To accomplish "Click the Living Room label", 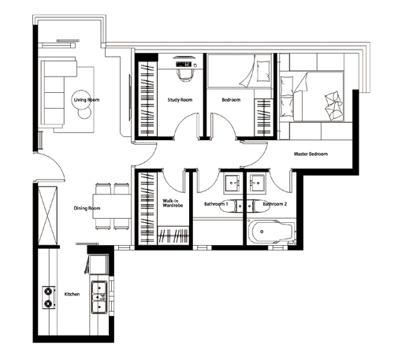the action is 87,100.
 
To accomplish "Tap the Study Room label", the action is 180,100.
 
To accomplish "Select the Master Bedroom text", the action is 310,154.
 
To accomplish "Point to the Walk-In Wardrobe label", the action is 173,203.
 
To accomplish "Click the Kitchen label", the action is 72,294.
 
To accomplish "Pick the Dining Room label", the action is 87,208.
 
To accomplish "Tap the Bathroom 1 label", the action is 216,204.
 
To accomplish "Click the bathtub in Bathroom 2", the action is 272,232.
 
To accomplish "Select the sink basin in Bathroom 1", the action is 232,182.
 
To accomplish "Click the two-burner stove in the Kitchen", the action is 49,298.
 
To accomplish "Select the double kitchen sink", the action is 99,297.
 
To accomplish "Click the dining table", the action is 112,206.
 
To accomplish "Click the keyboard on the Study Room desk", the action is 184,64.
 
